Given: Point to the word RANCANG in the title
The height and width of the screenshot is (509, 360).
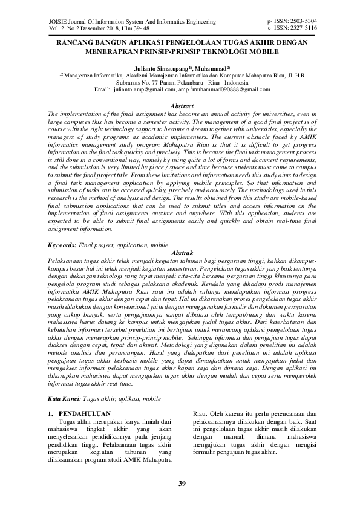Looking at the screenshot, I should (x=76, y=43).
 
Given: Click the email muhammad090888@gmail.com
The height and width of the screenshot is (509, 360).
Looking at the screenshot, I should (x=231, y=89).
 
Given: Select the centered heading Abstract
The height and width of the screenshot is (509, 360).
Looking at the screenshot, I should (x=180, y=106).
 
